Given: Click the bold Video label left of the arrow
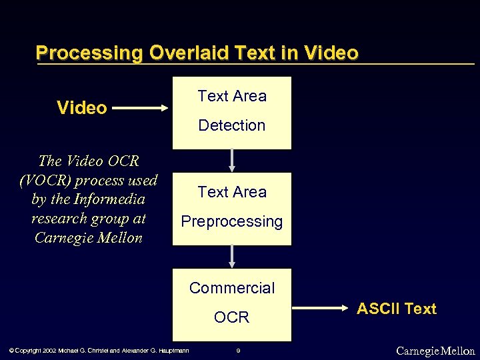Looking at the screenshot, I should click(82, 108).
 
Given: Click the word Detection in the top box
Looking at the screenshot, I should click(232, 125).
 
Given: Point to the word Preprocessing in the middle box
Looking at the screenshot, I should click(232, 221).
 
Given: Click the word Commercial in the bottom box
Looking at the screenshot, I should click(232, 288).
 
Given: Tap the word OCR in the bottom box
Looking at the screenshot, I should click(232, 317).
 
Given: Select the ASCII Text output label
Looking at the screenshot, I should click(397, 309).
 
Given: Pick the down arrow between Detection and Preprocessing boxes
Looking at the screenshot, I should click(232, 161).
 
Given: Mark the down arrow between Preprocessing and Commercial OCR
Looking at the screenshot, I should click(232, 257).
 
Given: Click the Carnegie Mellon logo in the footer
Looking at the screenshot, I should click(435, 351).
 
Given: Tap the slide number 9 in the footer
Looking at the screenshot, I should click(239, 351).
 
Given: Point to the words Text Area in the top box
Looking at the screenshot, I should click(232, 96).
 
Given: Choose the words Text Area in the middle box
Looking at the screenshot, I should click(232, 192).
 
